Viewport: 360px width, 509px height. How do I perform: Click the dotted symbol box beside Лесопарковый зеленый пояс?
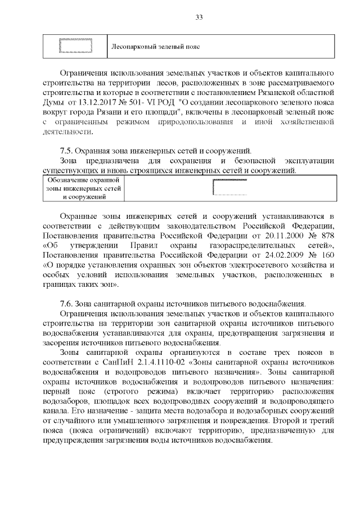tap(75, 46)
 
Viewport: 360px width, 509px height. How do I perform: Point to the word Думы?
tap(53, 102)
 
